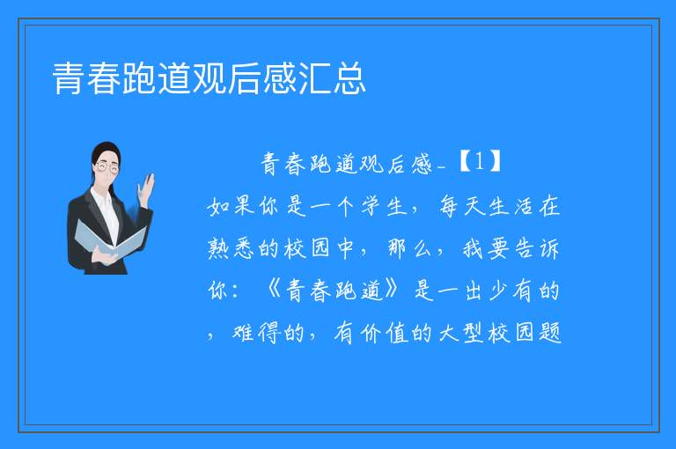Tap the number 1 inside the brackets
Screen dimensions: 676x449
pos(480,162)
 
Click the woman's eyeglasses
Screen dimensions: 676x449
pos(107,167)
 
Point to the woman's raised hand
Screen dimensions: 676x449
pos(146,190)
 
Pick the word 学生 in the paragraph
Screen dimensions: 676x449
pos(384,206)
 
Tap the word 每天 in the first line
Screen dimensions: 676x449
pos(462,206)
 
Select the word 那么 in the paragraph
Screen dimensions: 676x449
pos(409,248)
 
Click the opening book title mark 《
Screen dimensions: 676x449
pos(274,290)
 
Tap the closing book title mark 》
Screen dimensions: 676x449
pos(393,290)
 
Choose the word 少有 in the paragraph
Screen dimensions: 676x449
pos(511,290)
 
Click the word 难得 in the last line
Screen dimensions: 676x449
pos(255,332)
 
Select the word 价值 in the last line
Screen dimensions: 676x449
pos(384,333)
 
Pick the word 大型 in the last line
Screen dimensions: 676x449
pos(461,332)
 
